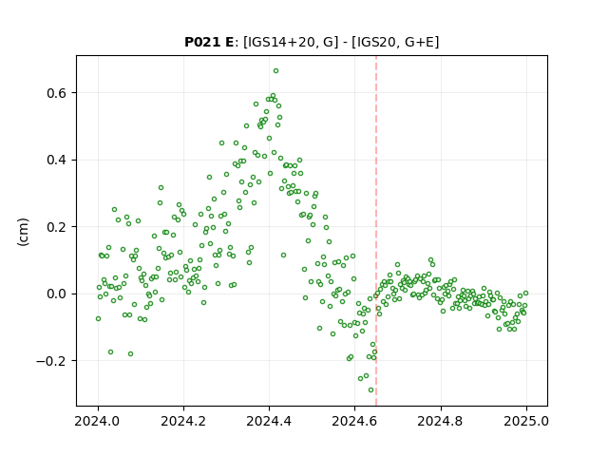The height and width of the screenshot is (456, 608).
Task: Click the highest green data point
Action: click(275, 71)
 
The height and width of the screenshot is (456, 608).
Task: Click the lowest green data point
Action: click(371, 390)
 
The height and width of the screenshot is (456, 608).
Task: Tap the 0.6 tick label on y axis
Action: click(57, 93)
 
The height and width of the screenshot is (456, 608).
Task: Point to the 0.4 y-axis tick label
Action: click(57, 160)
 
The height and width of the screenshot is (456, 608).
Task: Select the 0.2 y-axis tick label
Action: click(57, 227)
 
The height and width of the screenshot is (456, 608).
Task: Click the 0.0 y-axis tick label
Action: click(57, 294)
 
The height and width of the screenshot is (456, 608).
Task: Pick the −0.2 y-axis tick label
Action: click(51, 361)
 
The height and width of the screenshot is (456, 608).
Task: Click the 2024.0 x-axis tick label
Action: click(98, 421)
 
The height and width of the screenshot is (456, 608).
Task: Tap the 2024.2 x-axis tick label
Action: click(183, 421)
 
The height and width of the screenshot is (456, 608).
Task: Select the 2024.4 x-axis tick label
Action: click(269, 421)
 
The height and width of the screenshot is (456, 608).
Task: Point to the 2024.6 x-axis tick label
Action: click(354, 421)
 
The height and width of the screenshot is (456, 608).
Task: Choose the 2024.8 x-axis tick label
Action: click(441, 421)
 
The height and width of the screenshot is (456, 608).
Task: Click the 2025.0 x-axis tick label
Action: click(526, 421)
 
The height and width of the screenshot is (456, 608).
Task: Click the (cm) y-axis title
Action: click(23, 232)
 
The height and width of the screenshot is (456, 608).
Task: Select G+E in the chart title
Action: click(419, 42)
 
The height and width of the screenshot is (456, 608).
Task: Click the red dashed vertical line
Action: click(376, 231)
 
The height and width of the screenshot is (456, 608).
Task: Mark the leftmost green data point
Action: click(98, 319)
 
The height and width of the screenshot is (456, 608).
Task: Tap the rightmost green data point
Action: click(525, 294)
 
